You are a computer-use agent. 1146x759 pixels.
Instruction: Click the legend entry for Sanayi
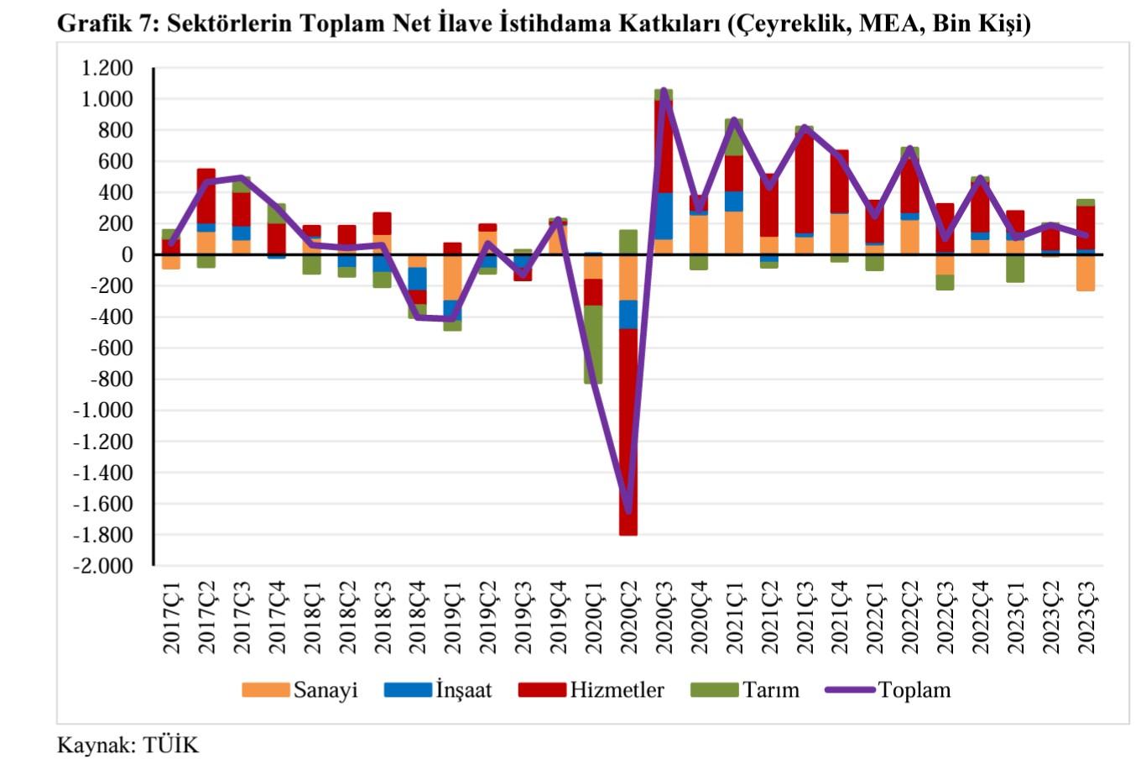325,690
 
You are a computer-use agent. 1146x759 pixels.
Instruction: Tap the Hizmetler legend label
617,690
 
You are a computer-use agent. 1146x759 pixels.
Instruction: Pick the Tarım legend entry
770,690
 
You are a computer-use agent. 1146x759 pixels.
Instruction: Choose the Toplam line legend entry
914,690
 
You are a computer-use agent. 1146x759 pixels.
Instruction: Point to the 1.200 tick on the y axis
107,68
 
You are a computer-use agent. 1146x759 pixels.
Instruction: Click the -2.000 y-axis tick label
103,566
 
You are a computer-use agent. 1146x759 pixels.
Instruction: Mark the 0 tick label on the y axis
127,254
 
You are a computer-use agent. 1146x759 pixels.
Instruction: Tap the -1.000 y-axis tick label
103,411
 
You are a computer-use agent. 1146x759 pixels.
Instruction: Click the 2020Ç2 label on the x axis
628,617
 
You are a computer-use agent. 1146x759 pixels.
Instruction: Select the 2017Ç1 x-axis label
171,617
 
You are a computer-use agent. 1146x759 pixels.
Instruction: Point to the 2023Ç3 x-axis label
1086,617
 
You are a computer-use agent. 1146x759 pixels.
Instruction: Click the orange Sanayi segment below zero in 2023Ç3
1086,273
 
